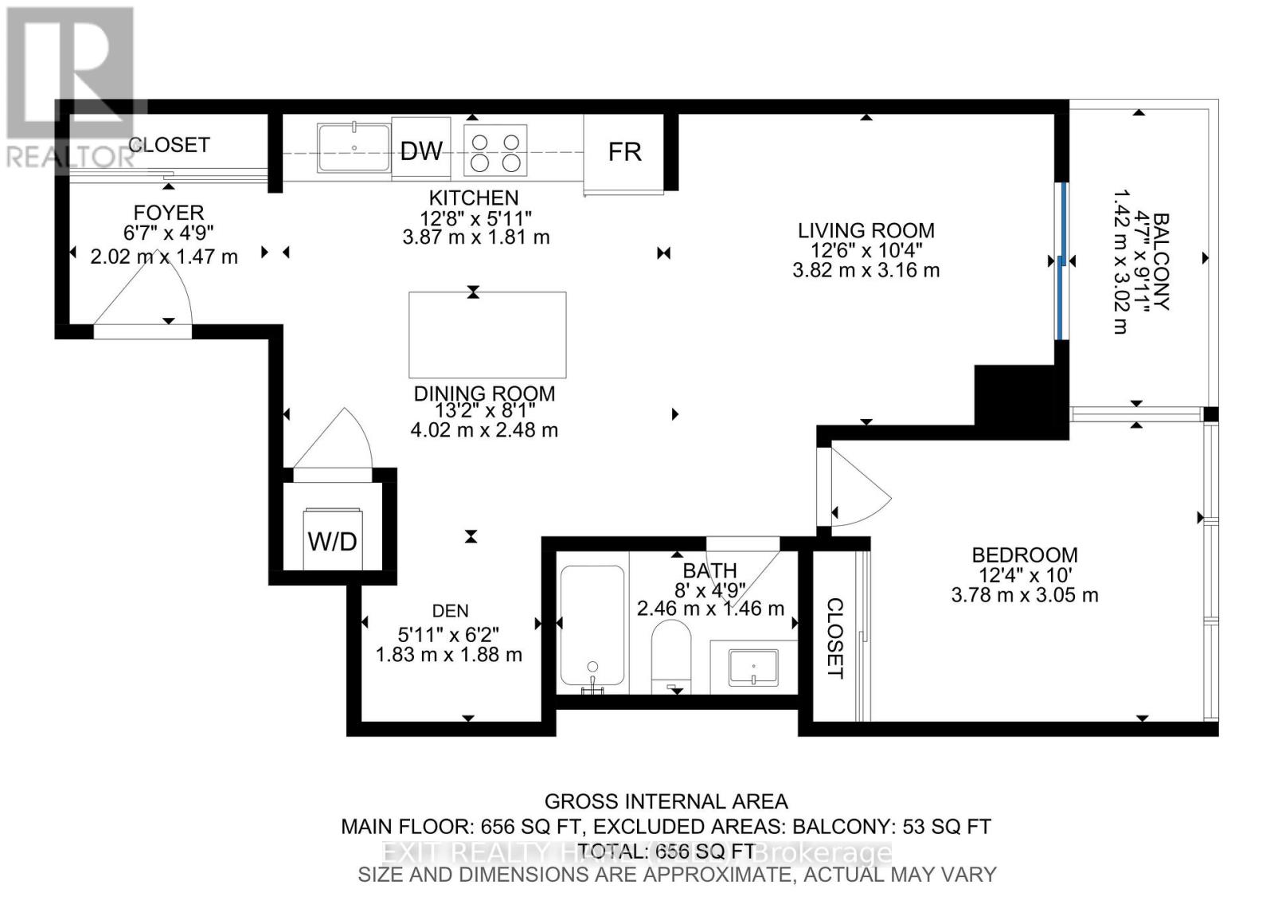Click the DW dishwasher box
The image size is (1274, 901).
pyautogui.click(x=420, y=149)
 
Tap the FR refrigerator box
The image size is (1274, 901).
pyautogui.click(x=624, y=151)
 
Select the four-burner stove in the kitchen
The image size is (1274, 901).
pyautogui.click(x=495, y=151)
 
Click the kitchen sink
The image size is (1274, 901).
pyautogui.click(x=354, y=147)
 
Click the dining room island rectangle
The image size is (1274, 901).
pyautogui.click(x=487, y=335)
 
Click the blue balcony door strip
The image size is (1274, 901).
pyautogui.click(x=1061, y=261)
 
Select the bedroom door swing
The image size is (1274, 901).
pyautogui.click(x=856, y=488)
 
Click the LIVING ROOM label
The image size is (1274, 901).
pyautogui.click(x=866, y=230)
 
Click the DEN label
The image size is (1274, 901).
pyautogui.click(x=450, y=611)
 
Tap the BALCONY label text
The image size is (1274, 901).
pyautogui.click(x=1161, y=261)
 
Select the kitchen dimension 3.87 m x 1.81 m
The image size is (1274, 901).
pyautogui.click(x=476, y=237)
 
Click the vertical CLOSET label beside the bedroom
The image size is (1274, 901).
pyautogui.click(x=834, y=638)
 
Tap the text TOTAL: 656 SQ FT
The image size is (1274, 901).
pyautogui.click(x=666, y=851)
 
